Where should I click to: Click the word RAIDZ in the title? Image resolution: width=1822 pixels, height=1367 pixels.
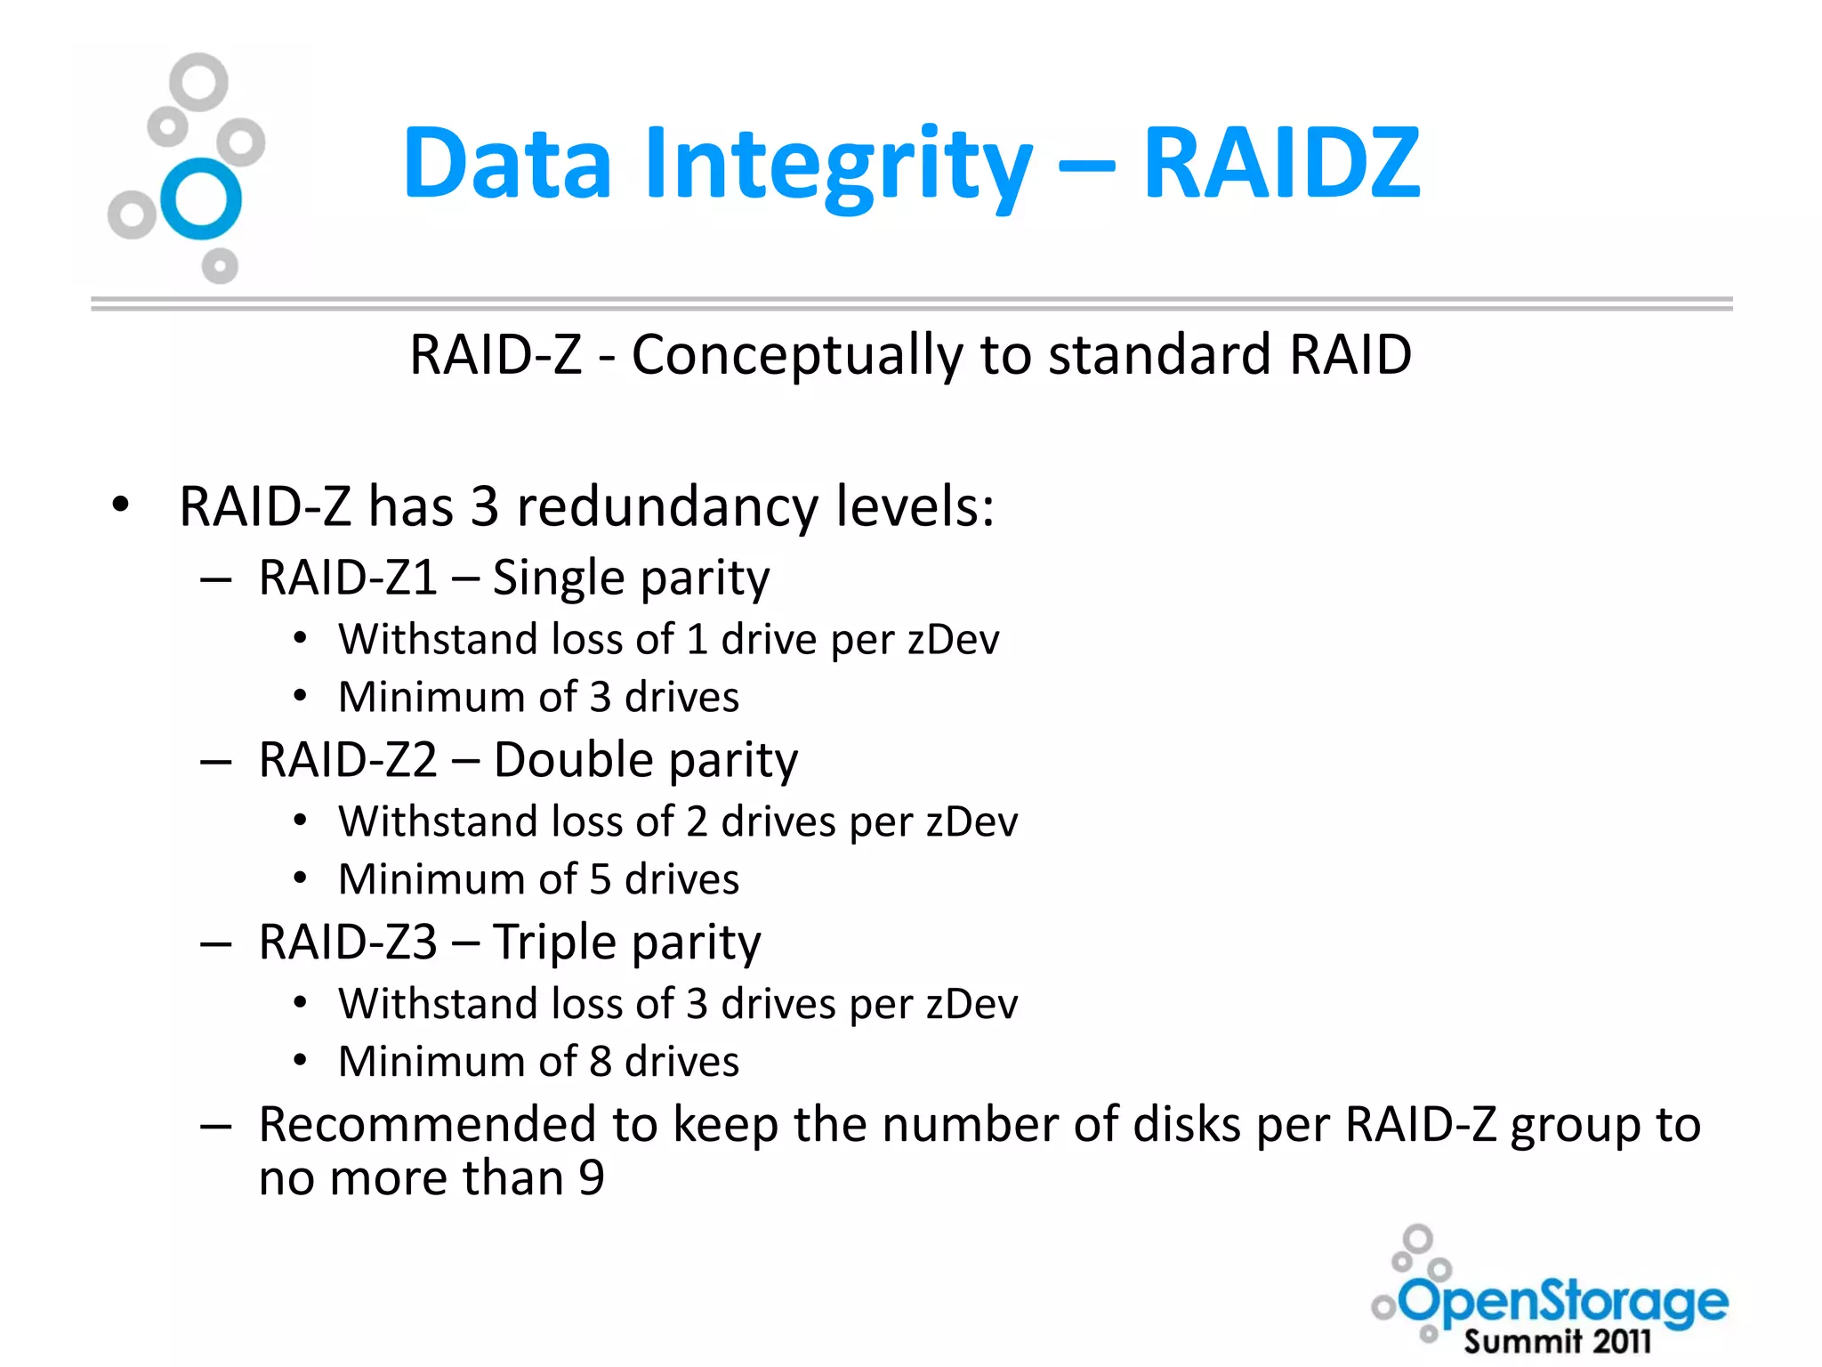1281,163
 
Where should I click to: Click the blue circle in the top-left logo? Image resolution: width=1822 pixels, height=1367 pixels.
201,199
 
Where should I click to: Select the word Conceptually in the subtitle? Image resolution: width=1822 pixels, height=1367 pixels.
796,355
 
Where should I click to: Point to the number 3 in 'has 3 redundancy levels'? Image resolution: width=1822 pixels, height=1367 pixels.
484,506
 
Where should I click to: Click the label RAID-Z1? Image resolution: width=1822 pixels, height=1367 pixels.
348,578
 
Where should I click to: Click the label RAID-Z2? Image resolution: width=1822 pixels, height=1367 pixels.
348,760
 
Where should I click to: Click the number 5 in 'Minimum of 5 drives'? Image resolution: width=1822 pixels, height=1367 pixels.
601,879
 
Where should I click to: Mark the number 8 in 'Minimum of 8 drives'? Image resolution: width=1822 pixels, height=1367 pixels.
601,1062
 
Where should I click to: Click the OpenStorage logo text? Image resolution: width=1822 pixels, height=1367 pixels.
1564,1303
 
